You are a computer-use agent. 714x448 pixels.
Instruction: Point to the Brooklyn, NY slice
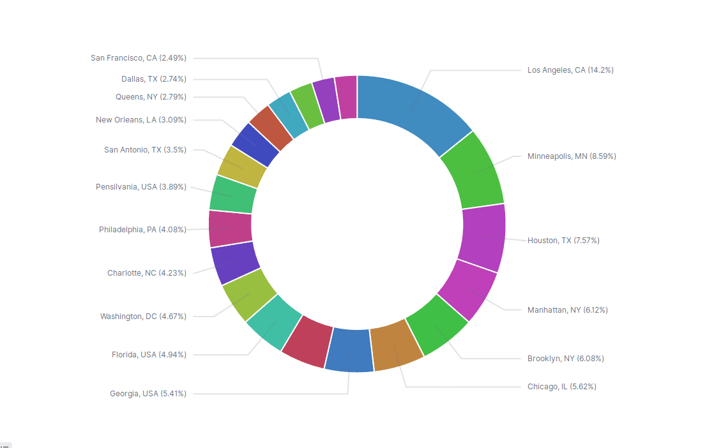click(x=437, y=325)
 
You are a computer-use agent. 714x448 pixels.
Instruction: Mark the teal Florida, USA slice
click(x=273, y=322)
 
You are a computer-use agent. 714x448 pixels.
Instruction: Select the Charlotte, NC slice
click(x=234, y=262)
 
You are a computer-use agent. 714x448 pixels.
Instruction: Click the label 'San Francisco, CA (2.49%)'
click(x=139, y=58)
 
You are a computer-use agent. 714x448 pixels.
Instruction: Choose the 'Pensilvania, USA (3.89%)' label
click(x=141, y=187)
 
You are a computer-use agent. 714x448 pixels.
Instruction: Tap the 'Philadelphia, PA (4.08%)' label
click(x=142, y=230)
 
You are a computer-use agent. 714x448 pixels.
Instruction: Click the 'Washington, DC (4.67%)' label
click(x=143, y=317)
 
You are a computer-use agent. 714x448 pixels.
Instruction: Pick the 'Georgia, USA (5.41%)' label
click(x=148, y=394)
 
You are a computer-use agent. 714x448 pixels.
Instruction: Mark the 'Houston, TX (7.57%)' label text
click(x=563, y=241)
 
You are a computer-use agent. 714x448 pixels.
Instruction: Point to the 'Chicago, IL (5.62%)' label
click(x=562, y=387)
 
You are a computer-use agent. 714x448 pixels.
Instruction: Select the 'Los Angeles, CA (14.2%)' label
click(x=570, y=70)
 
